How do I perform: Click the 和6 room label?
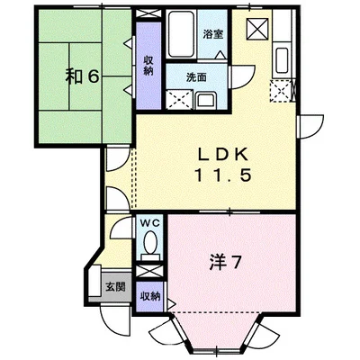point(82,77)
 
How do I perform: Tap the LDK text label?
point(222,155)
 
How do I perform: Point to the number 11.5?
point(222,175)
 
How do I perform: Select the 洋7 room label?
point(225,263)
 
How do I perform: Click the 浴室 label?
point(213,34)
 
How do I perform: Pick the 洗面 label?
point(196,77)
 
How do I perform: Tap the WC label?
point(149,223)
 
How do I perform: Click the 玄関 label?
point(115,287)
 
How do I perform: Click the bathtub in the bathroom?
point(180,34)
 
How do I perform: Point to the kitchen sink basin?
point(282,60)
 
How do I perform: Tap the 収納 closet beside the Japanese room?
point(148,66)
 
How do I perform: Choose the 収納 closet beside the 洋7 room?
point(149,297)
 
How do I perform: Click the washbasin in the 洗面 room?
point(206,101)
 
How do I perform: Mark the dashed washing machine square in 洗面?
point(179,100)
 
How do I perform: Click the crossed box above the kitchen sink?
point(257,29)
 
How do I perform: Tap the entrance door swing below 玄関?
point(115,319)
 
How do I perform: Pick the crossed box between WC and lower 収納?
point(149,271)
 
